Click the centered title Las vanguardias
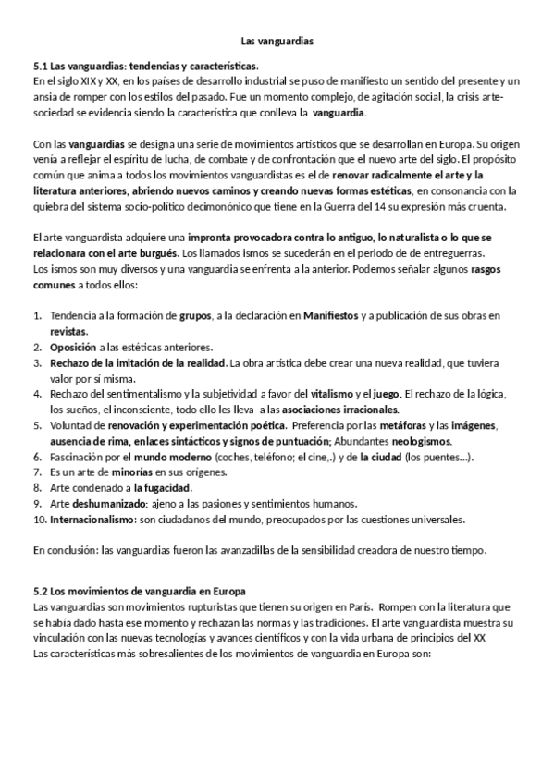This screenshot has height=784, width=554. [277, 42]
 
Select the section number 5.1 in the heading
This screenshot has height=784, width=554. [40, 67]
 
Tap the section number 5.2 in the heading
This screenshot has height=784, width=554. [40, 590]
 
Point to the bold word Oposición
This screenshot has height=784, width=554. [74, 347]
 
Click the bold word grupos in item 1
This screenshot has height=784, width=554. [195, 315]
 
